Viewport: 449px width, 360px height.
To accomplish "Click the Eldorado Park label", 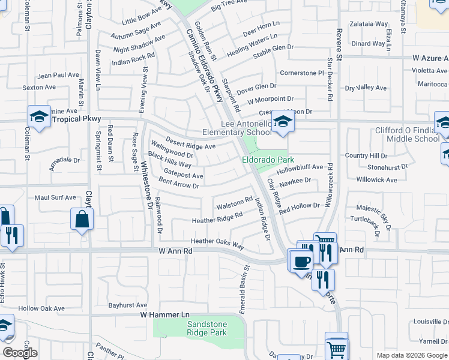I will (268, 160).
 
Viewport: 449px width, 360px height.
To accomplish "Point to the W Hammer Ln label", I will (164, 314).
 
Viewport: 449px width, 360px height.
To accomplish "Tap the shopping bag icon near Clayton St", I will (82, 220).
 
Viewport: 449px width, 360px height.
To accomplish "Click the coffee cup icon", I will (301, 260).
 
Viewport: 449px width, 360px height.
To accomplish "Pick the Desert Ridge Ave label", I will (190, 143).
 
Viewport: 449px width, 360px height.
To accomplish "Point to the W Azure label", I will (430, 58).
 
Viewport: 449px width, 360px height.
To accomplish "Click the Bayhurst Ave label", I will (128, 305).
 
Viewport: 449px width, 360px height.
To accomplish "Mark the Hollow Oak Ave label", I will (41, 308).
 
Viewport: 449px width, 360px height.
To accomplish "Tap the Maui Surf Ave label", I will (55, 197).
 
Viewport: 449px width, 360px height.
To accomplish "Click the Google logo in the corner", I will (20, 353).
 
